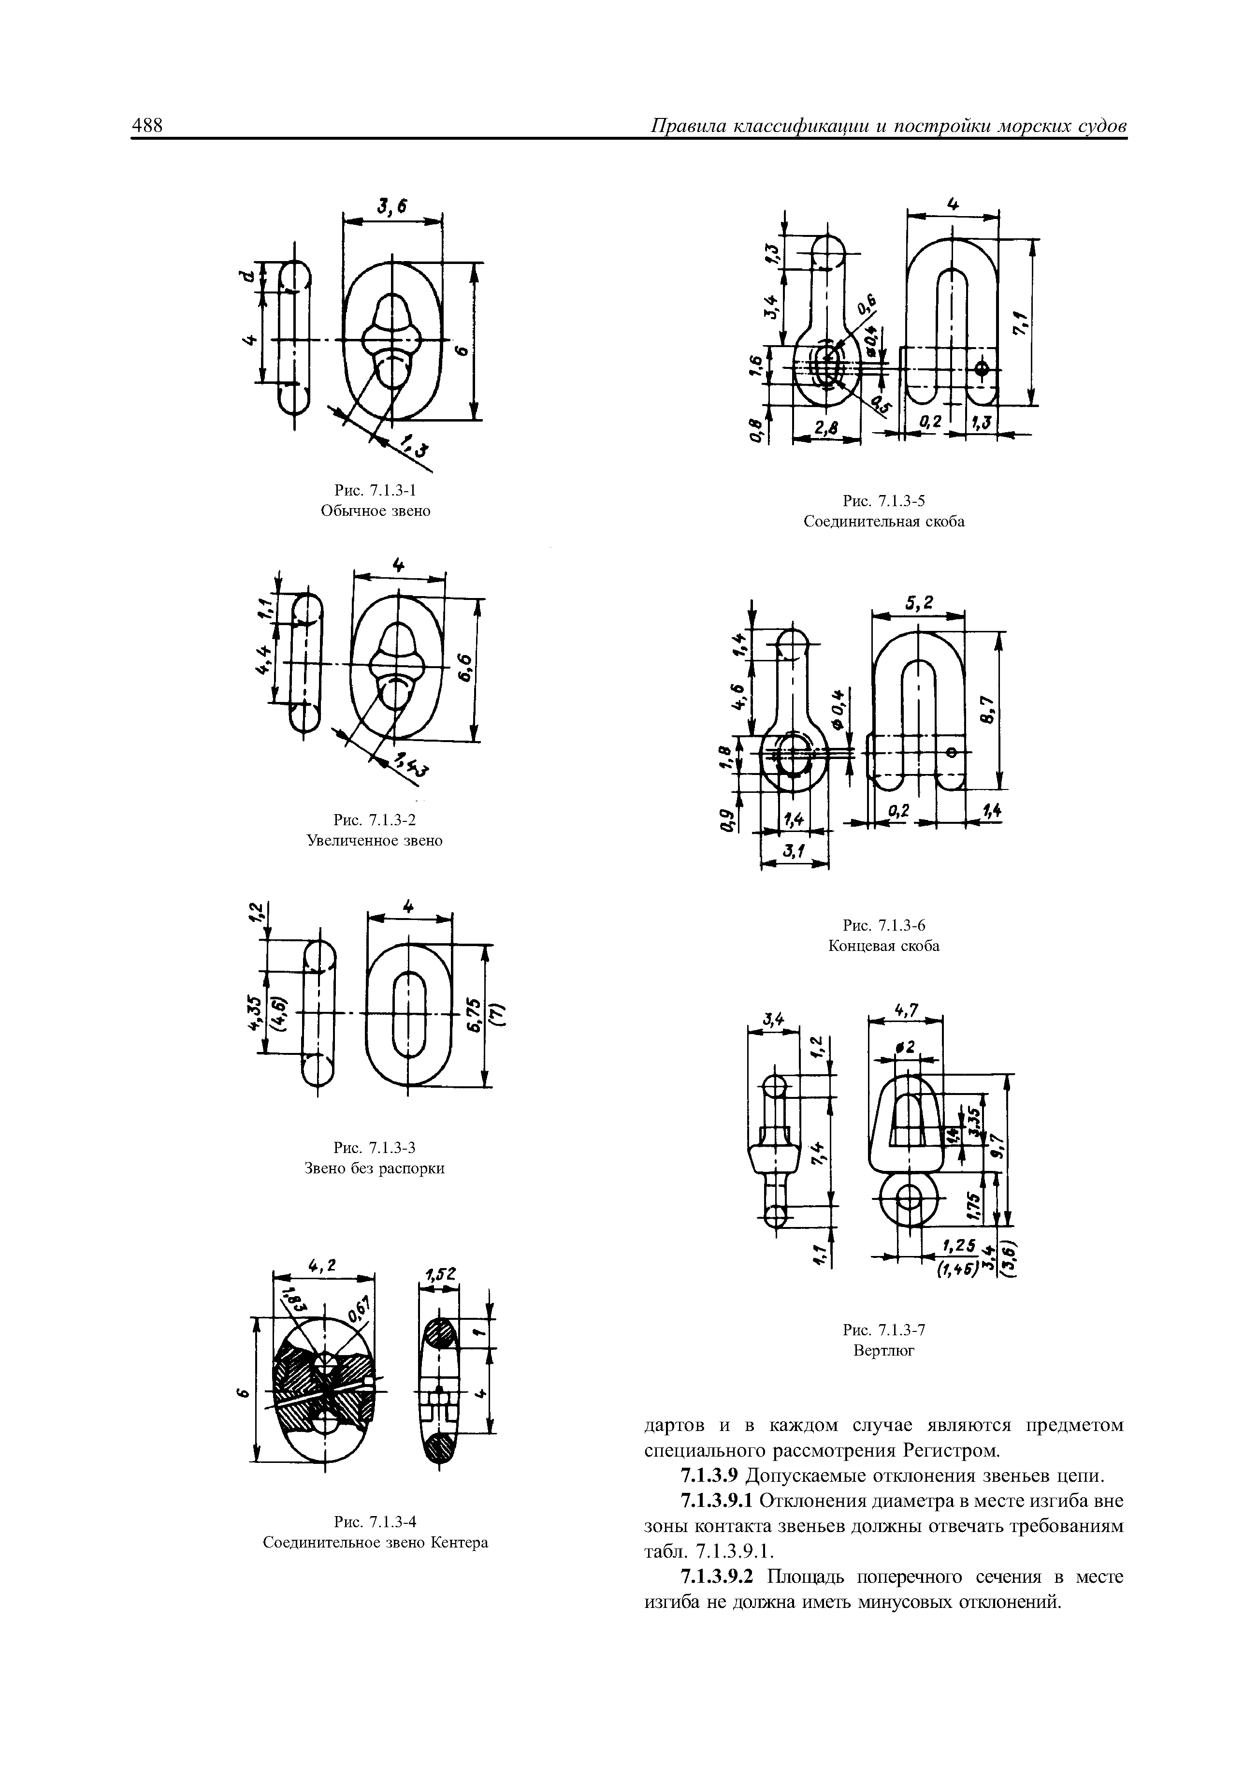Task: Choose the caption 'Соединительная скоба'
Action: [883, 521]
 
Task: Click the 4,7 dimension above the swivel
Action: [905, 1010]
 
